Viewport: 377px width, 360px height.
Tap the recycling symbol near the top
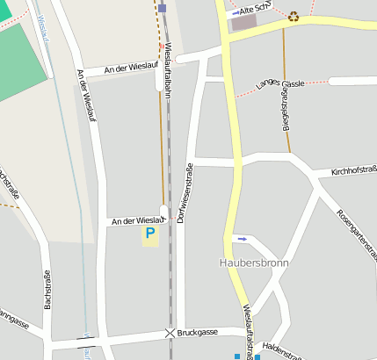[294, 15]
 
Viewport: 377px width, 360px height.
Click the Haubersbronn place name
[253, 263]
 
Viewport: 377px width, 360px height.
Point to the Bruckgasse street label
[199, 334]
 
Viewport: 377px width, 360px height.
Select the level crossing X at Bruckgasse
[170, 334]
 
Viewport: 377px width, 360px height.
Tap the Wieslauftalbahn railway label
[169, 66]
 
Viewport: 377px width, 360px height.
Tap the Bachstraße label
[47, 290]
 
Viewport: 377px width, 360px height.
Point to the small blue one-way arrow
[242, 238]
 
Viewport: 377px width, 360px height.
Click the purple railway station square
[163, 8]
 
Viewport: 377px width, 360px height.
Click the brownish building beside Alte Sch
[243, 23]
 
